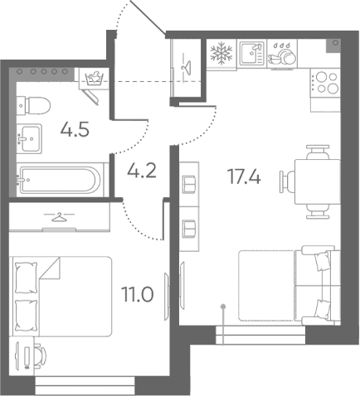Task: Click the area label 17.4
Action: tap(244, 176)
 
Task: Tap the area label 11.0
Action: tap(138, 294)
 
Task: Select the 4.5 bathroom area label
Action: tap(75, 129)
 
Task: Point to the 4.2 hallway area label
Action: tap(142, 171)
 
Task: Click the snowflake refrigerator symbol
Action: tap(221, 53)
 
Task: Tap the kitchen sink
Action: tap(251, 53)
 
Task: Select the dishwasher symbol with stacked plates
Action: tap(282, 54)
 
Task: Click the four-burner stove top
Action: tap(325, 83)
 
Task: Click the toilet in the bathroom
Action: tap(33, 105)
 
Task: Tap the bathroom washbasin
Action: tap(29, 138)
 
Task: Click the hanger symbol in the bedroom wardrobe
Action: tap(60, 217)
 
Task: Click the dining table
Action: tap(318, 181)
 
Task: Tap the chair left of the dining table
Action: tap(288, 181)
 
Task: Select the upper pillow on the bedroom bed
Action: tap(27, 278)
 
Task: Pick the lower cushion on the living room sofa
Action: tap(323, 310)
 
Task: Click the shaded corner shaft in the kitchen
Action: tap(333, 46)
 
